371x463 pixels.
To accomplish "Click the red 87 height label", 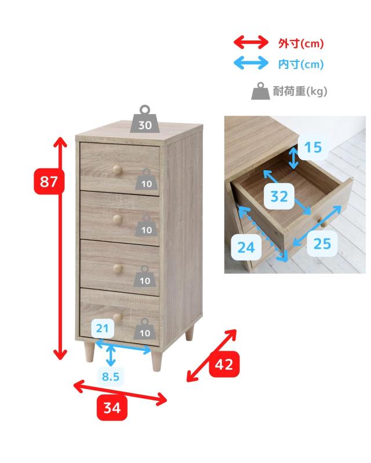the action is point(49,181).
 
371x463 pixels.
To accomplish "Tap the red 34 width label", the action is point(112,407).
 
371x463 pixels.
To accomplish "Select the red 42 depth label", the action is point(224,364).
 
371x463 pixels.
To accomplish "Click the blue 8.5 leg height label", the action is point(111,377).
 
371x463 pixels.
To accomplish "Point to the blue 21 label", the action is point(103,328).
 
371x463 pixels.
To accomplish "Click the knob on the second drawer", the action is point(117,219).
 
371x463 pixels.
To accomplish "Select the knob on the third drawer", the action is point(117,269).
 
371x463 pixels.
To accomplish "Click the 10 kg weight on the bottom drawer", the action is point(145,329).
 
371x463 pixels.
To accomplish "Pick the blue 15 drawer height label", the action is point(312,148).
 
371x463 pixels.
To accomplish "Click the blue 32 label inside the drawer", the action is point(279,196).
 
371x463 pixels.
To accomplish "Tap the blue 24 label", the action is point(246,247).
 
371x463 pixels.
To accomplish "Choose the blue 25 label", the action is point(322,244).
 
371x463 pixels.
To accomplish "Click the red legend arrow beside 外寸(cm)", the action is point(251,42).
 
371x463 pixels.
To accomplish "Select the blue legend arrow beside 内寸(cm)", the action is point(251,63).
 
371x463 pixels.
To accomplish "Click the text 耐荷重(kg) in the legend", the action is point(300,91).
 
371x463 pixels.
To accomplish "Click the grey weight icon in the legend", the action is point(260,91).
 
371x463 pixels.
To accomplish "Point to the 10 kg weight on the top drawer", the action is point(147,179).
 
